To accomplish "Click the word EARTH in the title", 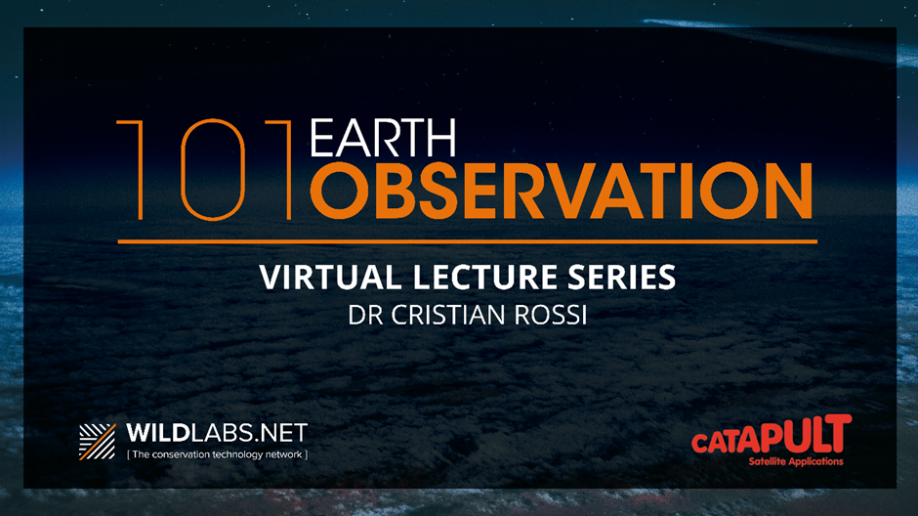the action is coord(383,138).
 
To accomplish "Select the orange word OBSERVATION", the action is coord(562,191).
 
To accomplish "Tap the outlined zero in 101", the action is coord(213,170).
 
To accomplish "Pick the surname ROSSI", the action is coord(551,315).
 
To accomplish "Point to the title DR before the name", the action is coord(365,315).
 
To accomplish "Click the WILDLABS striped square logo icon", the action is coord(98,442).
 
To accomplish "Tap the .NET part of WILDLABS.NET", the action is coord(283,433).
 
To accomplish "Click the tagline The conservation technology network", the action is coord(217,454).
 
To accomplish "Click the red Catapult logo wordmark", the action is coord(772,434).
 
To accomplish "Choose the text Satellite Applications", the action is coord(796,461).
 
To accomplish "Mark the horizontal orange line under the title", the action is coord(467,241).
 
